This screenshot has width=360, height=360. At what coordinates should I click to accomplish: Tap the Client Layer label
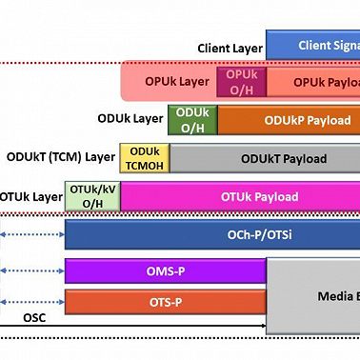229,47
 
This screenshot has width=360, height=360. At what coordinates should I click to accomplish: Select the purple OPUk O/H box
242,82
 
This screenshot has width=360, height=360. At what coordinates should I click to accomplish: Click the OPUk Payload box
314,83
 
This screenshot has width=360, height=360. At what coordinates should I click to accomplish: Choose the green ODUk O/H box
192,120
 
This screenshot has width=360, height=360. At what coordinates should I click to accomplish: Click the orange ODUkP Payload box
289,121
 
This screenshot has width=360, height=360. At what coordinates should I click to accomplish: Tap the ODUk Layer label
130,119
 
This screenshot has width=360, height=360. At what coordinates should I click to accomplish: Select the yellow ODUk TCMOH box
144,158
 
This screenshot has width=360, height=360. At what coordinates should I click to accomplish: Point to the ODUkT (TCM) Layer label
60,157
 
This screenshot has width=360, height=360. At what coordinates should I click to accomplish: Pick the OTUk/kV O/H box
93,197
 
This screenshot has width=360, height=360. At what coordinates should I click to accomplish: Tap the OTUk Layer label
30,197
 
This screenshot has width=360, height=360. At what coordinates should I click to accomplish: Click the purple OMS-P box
165,271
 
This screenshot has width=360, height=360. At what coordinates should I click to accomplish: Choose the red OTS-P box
165,303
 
